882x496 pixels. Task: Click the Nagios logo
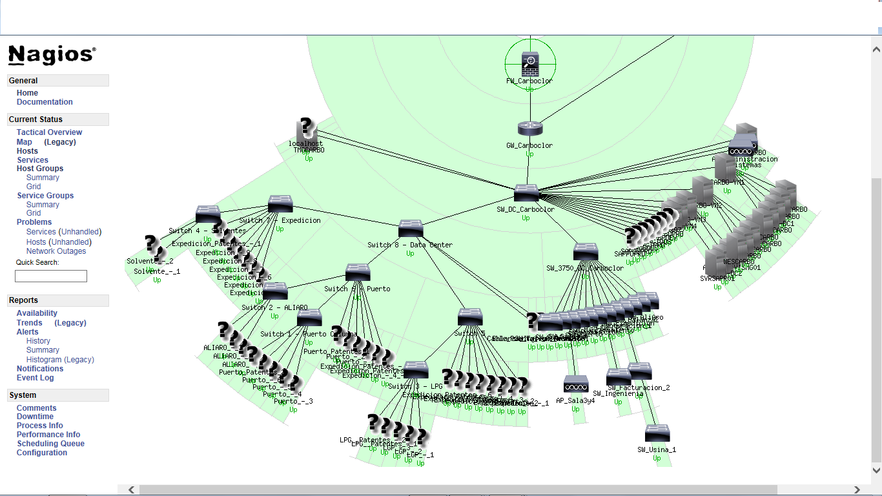click(52, 55)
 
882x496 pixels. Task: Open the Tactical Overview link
click(49, 132)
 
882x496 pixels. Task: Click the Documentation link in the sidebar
click(45, 102)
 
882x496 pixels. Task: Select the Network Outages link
click(56, 251)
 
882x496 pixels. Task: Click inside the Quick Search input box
click(51, 276)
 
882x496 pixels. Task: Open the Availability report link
click(37, 313)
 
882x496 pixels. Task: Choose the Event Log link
click(35, 378)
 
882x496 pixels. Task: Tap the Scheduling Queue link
click(50, 444)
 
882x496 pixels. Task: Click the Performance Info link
click(48, 435)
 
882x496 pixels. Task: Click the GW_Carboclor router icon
click(529, 129)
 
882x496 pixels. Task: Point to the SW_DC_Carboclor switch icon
click(526, 193)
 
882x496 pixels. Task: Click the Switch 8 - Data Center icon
click(410, 229)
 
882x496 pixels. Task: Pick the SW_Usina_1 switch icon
click(657, 433)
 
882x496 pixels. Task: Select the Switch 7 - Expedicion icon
click(280, 204)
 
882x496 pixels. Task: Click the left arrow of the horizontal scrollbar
click(131, 490)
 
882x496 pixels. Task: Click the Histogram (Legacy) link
click(60, 360)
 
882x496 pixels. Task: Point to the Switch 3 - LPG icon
click(416, 370)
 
